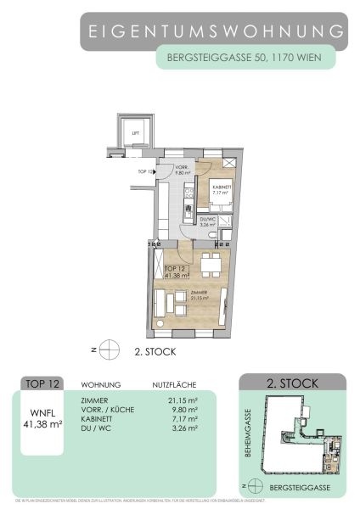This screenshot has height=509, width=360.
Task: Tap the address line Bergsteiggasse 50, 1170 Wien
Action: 245,59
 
